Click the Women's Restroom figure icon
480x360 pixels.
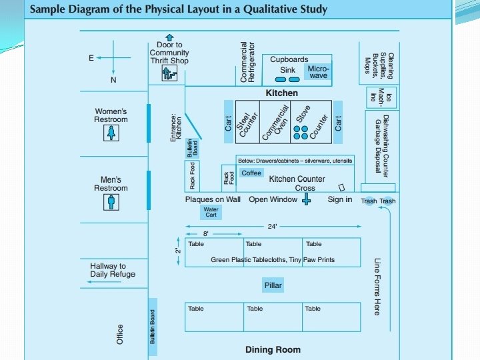tap(111, 134)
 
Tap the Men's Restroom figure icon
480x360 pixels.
tap(111, 202)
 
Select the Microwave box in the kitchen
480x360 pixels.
tap(318, 71)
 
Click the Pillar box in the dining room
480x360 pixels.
tap(273, 285)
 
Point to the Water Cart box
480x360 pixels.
tap(211, 212)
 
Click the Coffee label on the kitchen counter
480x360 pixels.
tap(251, 173)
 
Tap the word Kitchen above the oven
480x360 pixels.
tap(282, 93)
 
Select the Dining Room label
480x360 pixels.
tap(273, 349)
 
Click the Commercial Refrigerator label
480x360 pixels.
tap(247, 63)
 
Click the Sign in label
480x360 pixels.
tap(340, 199)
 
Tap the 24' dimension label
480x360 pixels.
tap(272, 227)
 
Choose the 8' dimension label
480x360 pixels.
tap(206, 234)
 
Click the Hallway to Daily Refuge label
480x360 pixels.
tap(112, 270)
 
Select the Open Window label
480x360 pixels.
tap(273, 199)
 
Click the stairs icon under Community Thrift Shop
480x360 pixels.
tap(171, 74)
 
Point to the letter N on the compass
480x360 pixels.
tap(113, 80)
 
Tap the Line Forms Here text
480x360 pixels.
tap(377, 287)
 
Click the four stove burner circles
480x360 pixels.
tap(301, 132)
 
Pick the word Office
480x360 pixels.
tap(120, 335)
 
